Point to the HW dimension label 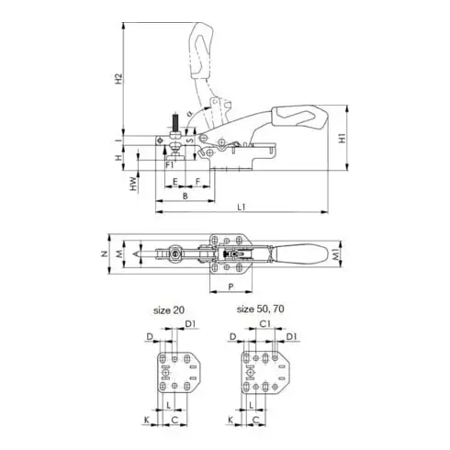click(134, 185)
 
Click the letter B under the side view click(186, 196)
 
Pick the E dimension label click(174, 182)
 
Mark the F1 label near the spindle click(171, 163)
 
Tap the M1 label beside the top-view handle click(337, 253)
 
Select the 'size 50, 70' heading click(260, 310)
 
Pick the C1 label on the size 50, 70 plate click(264, 324)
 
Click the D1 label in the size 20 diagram click(190, 324)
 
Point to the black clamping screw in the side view click(171, 124)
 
